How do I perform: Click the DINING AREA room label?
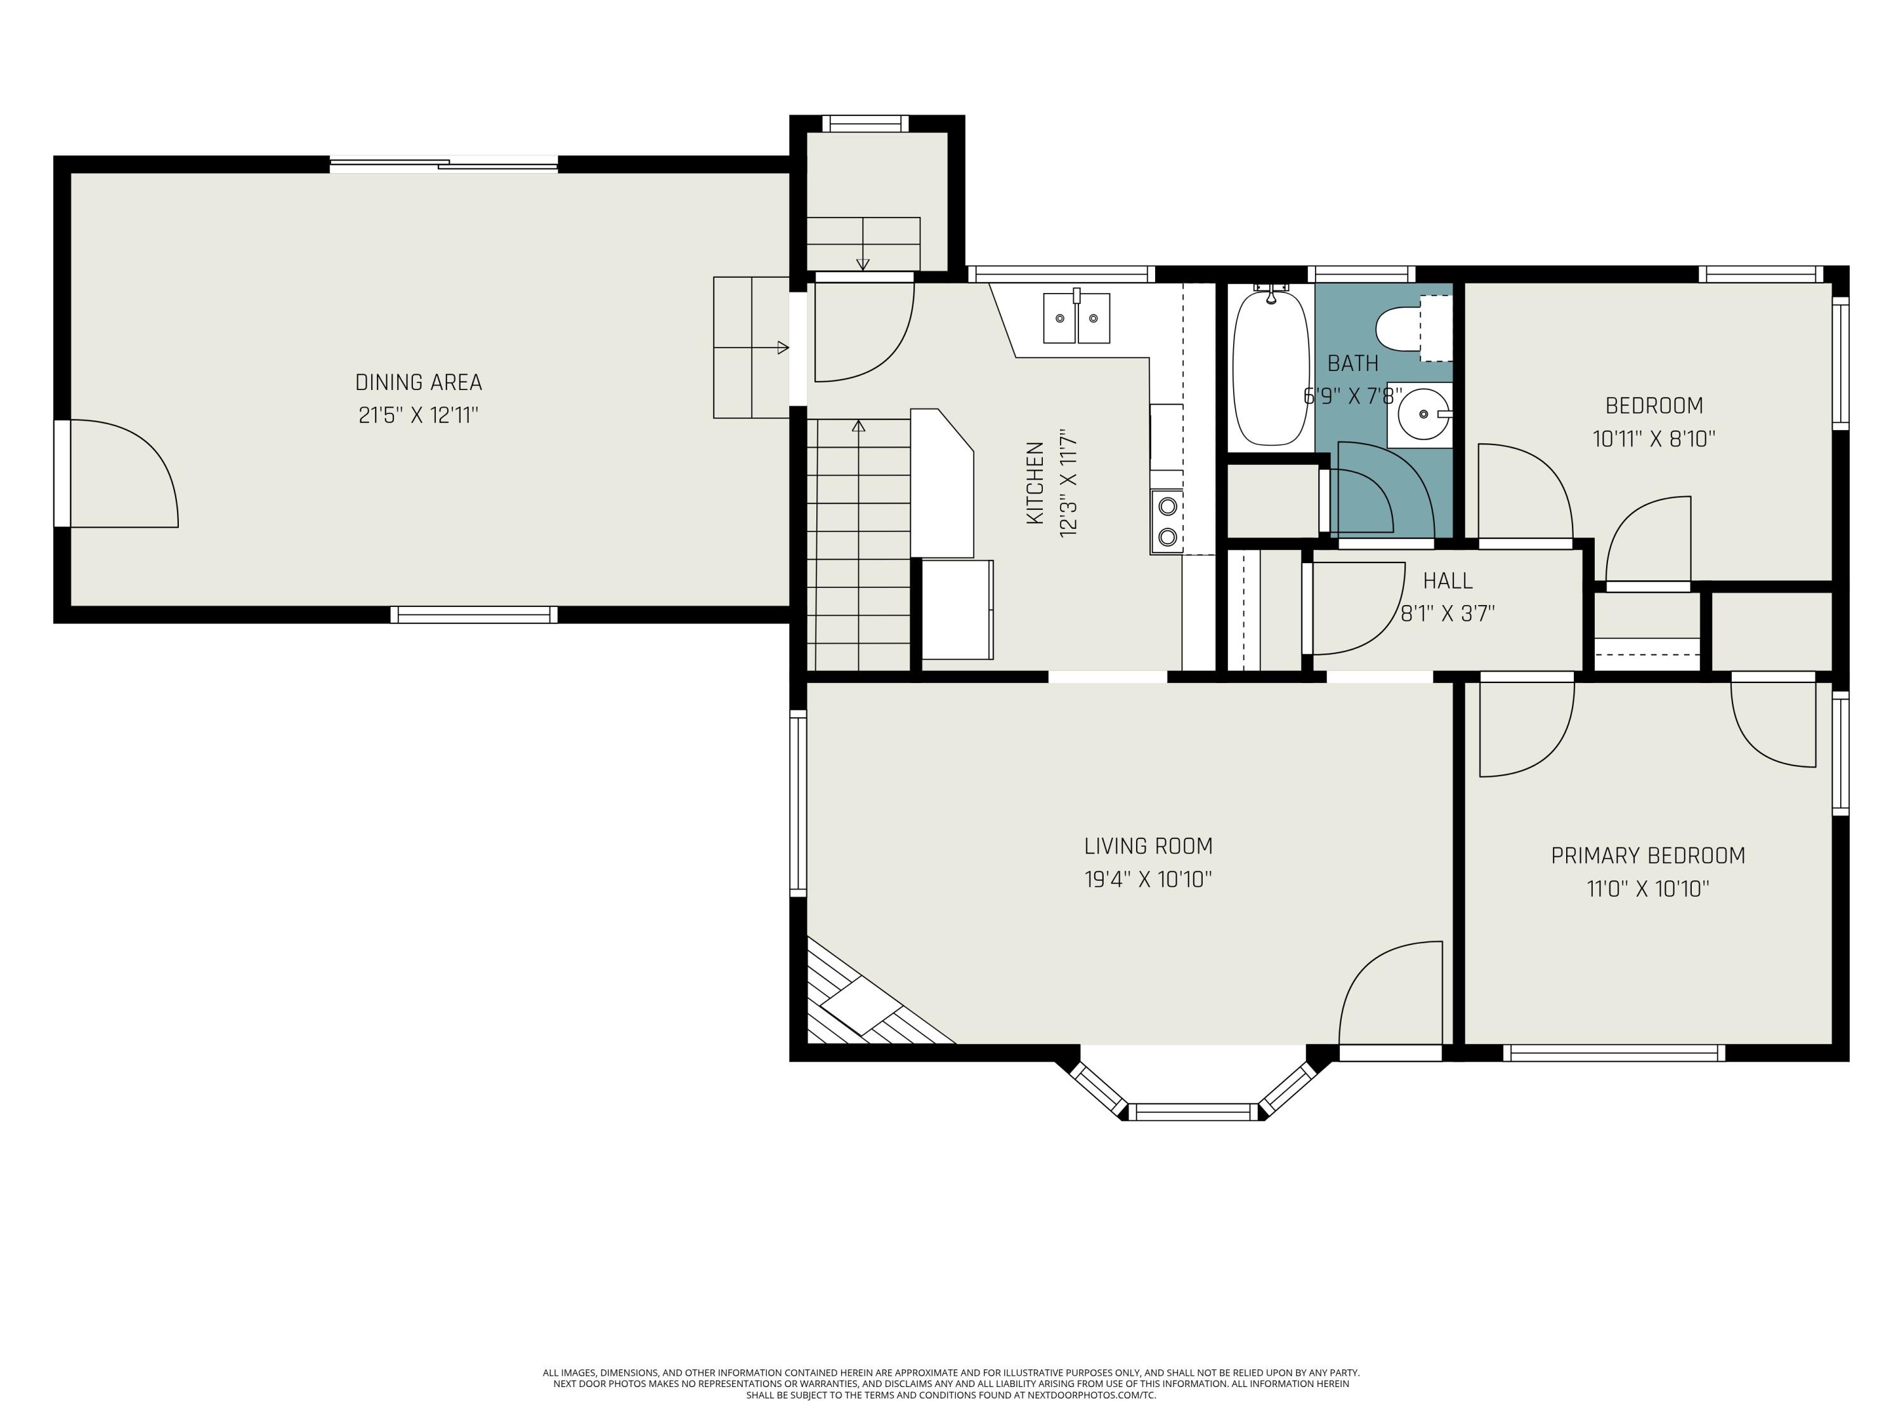point(418,382)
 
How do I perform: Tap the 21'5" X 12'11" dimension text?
point(418,415)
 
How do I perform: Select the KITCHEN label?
point(1036,483)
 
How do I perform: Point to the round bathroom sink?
point(1420,415)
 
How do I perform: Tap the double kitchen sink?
point(1076,317)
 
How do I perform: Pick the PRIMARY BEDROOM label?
point(1647,856)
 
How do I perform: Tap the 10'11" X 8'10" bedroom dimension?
point(1654,439)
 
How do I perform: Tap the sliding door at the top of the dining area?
point(444,164)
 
